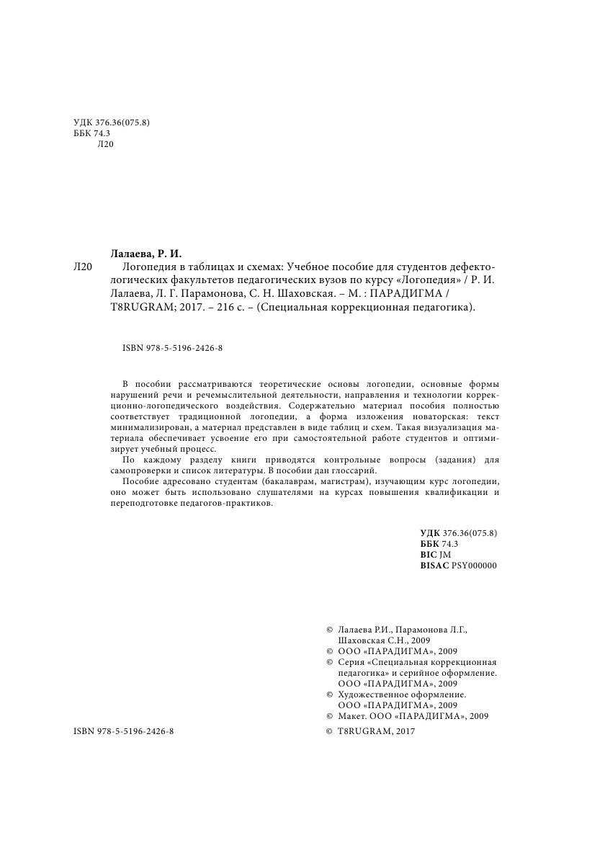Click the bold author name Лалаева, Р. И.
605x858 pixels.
coord(146,254)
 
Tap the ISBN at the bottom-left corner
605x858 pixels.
coord(124,730)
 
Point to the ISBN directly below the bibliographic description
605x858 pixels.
coord(172,348)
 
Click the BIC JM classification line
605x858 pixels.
coord(435,555)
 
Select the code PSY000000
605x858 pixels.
coord(474,566)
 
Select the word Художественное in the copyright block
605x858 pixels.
coord(370,694)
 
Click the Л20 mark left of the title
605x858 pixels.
coord(84,267)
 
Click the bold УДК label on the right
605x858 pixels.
coord(430,532)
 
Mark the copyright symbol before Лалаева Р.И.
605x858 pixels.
coord(330,629)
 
